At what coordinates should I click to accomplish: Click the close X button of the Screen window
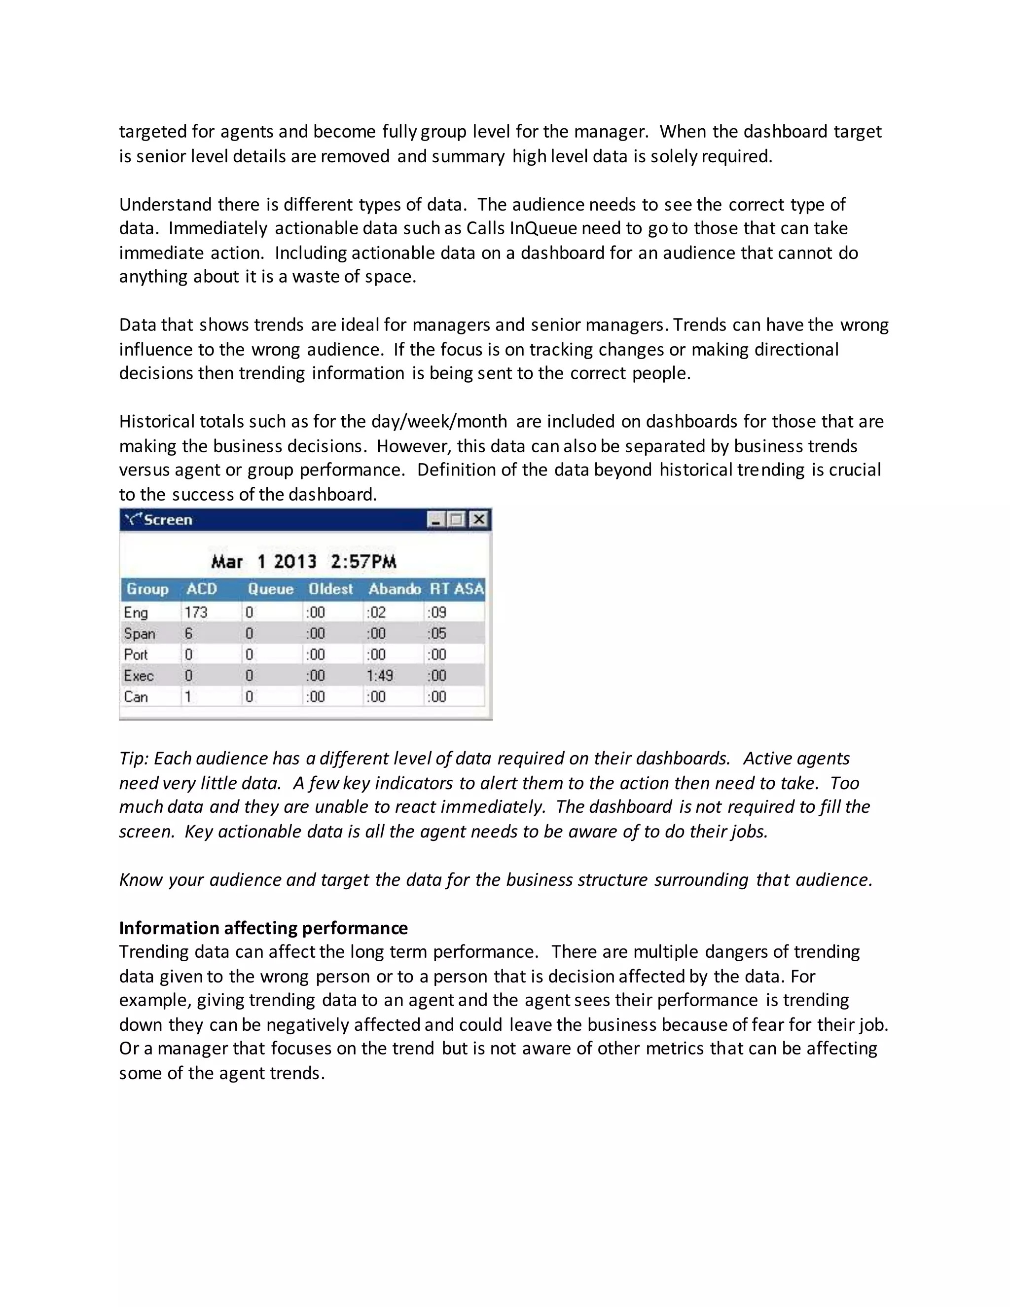coord(479,519)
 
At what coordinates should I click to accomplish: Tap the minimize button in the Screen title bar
coord(435,519)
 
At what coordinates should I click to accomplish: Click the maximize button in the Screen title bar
coord(457,519)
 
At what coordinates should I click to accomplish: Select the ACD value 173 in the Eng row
coord(196,612)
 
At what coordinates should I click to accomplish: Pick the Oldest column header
coord(330,589)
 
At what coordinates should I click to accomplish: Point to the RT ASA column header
coord(457,589)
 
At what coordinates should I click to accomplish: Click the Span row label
coord(140,634)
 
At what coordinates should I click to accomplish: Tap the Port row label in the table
coord(136,654)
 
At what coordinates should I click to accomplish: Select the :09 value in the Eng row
coord(437,612)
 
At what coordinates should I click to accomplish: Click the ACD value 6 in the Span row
coord(188,634)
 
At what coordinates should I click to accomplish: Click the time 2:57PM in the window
coord(363,562)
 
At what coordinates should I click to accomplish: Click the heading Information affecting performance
coord(263,928)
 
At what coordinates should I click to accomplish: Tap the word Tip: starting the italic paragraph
coord(134,759)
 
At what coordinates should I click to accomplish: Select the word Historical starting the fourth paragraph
coord(157,422)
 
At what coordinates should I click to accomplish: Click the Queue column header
coord(270,589)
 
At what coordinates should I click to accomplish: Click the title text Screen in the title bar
coord(168,520)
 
